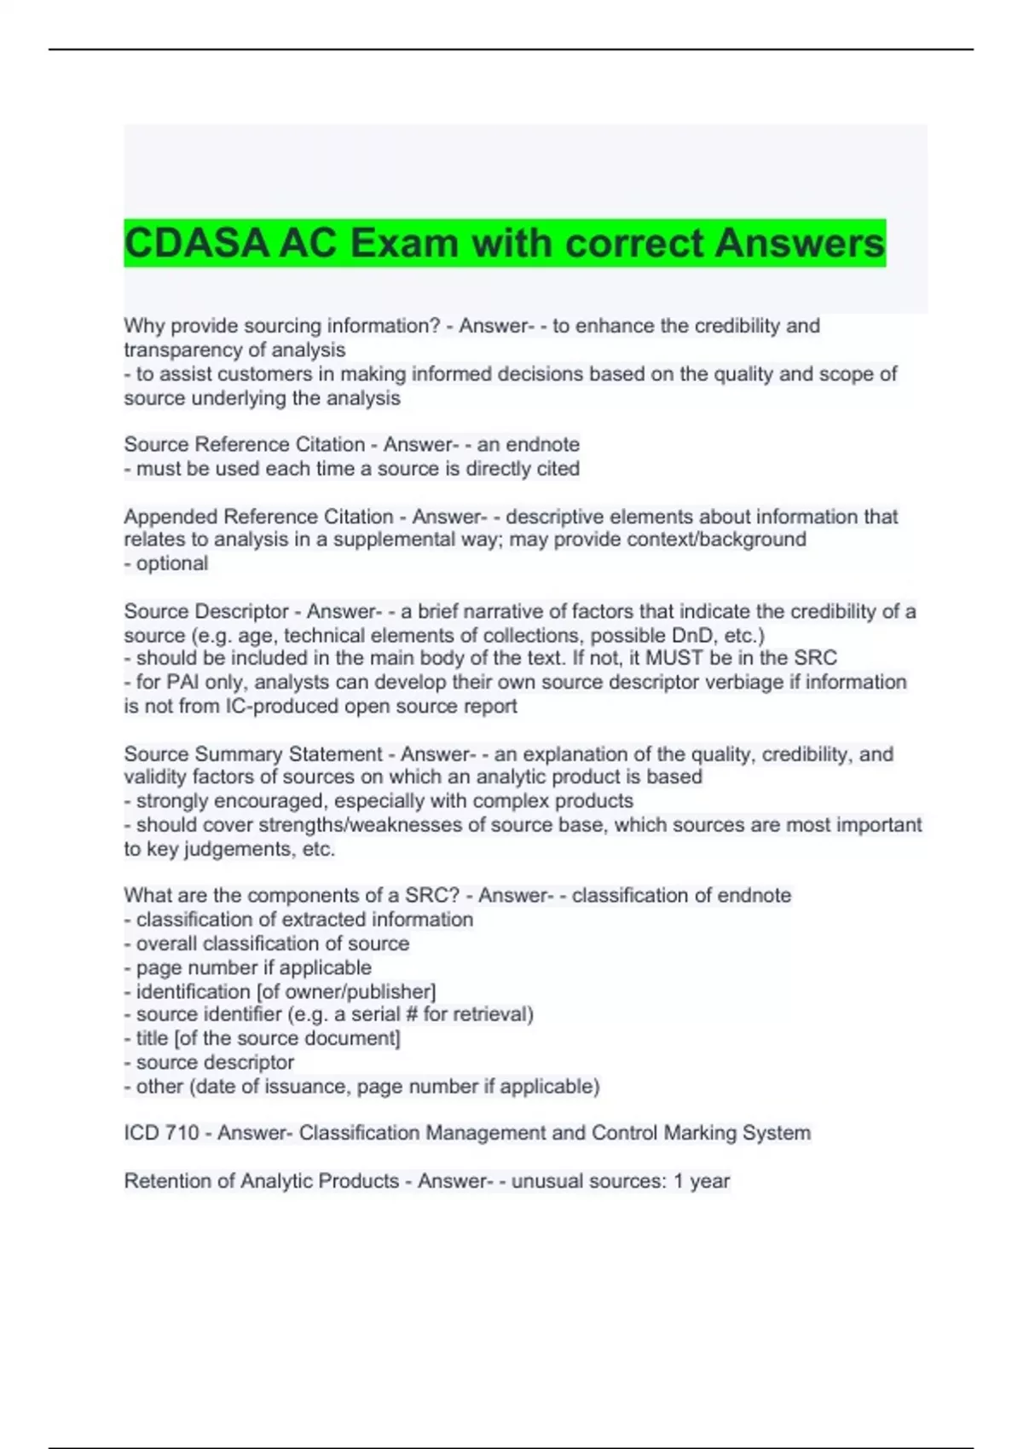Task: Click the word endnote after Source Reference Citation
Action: [542, 444]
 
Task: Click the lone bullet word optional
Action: [171, 563]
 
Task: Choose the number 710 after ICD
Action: [183, 1133]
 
